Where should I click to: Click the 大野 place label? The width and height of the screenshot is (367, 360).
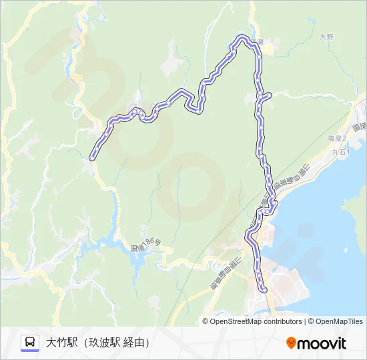pyautogui.click(x=326, y=37)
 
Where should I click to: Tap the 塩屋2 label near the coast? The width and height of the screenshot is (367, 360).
pyautogui.click(x=337, y=138)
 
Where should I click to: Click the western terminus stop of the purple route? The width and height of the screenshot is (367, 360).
pyautogui.click(x=92, y=158)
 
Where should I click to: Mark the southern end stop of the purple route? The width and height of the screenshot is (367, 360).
pyautogui.click(x=264, y=290)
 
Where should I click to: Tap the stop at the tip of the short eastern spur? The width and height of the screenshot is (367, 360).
pyautogui.click(x=270, y=96)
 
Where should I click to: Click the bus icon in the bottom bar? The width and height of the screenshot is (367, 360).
pyautogui.click(x=30, y=343)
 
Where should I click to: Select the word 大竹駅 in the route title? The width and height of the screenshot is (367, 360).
pyautogui.click(x=59, y=343)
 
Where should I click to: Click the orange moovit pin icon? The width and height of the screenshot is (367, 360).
pyautogui.click(x=291, y=343)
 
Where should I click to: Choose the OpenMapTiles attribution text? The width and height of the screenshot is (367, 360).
pyautogui.click(x=339, y=321)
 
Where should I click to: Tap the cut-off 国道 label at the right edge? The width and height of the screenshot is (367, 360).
pyautogui.click(x=360, y=126)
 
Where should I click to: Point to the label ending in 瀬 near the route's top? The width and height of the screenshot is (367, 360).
pyautogui.click(x=256, y=43)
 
